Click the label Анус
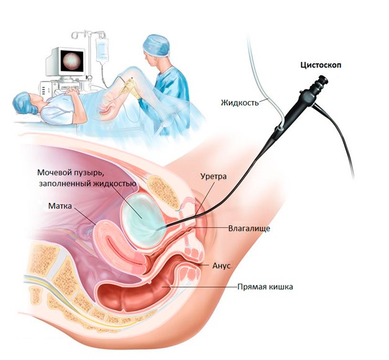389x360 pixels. click(221, 266)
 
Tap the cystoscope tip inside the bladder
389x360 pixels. click(159, 230)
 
